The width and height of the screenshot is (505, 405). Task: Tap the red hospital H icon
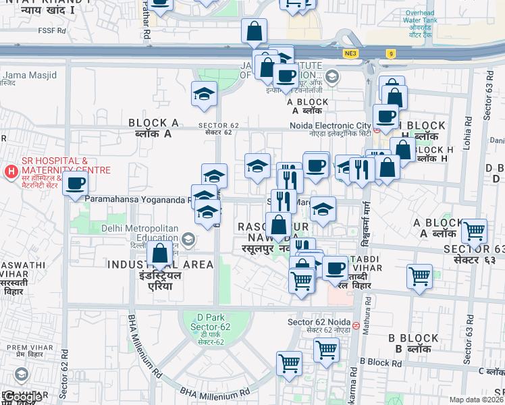(x=11, y=172)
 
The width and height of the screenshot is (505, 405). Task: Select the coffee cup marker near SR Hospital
(x=75, y=184)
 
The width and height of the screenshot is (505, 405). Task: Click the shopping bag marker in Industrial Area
(x=161, y=255)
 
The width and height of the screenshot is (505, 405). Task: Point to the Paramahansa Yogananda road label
(x=135, y=200)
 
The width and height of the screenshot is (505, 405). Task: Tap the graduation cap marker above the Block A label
(x=204, y=95)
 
